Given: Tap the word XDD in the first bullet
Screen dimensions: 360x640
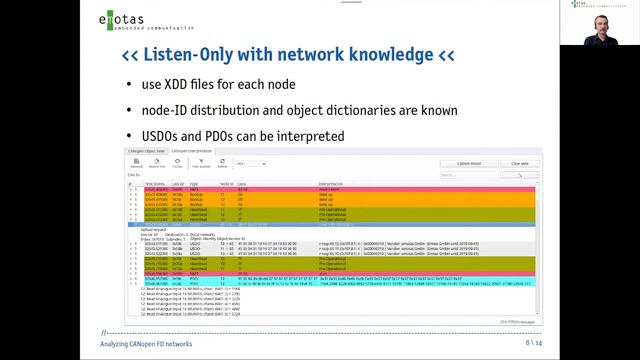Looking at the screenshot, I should click(x=192, y=84).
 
